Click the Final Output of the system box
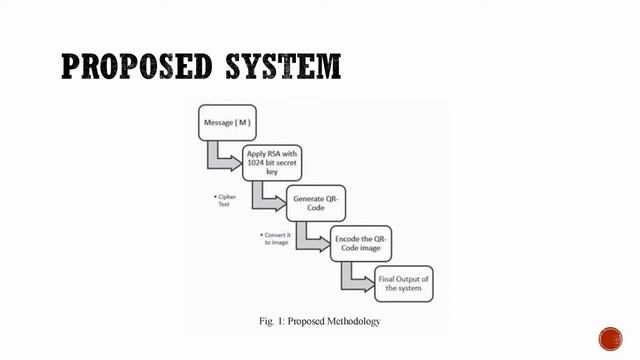[x=404, y=284]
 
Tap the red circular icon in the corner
[x=610, y=338]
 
